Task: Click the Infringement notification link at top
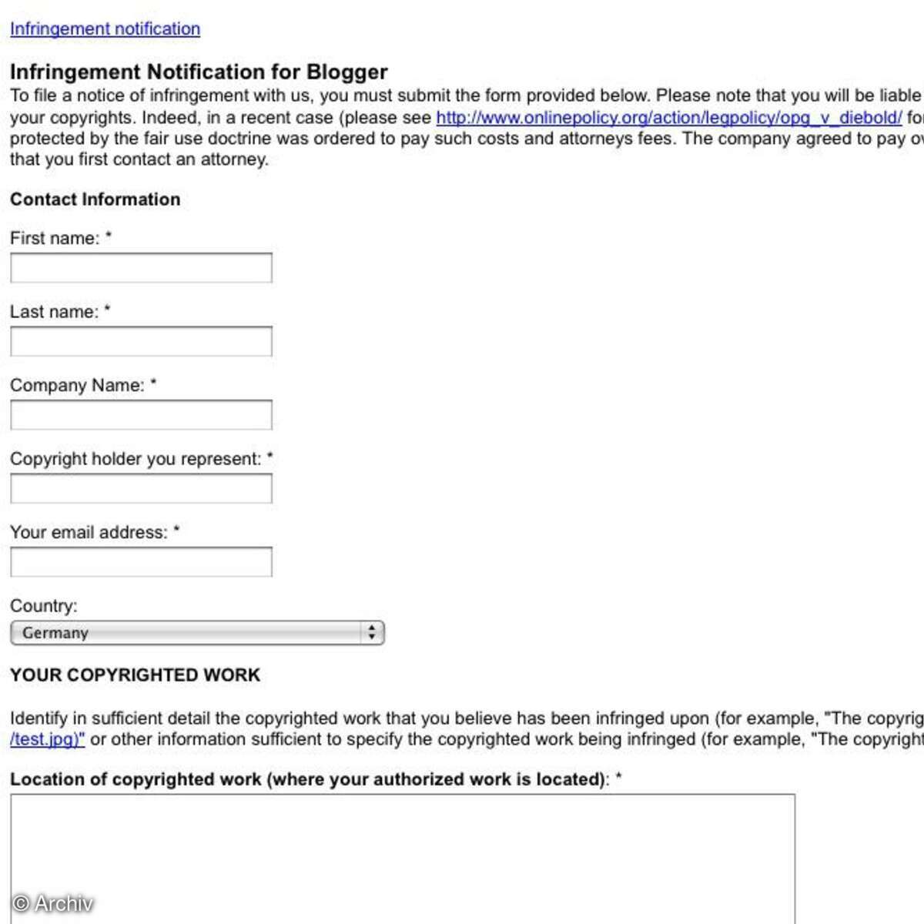point(105,29)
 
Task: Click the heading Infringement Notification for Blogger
point(199,72)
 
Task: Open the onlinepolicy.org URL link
point(668,118)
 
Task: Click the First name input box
point(141,268)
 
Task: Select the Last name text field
point(141,342)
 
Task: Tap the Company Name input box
point(141,415)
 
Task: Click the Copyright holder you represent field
point(141,489)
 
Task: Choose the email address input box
point(141,562)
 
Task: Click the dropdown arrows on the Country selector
point(372,633)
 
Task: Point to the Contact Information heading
point(95,199)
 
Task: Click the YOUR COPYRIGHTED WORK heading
point(135,675)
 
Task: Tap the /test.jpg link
point(47,739)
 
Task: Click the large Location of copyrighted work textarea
point(402,855)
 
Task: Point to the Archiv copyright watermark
point(53,903)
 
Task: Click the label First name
point(54,239)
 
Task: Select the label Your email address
point(88,533)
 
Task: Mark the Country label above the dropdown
point(43,606)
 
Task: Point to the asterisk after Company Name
point(153,383)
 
